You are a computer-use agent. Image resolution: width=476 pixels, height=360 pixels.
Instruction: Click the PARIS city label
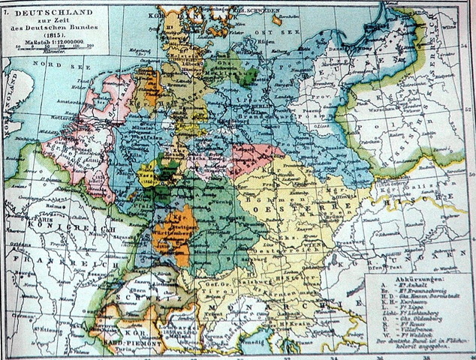tap(30, 221)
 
